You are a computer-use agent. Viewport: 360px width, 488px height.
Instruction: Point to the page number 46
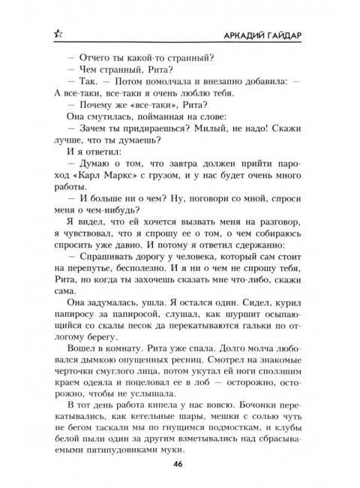(x=180, y=464)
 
